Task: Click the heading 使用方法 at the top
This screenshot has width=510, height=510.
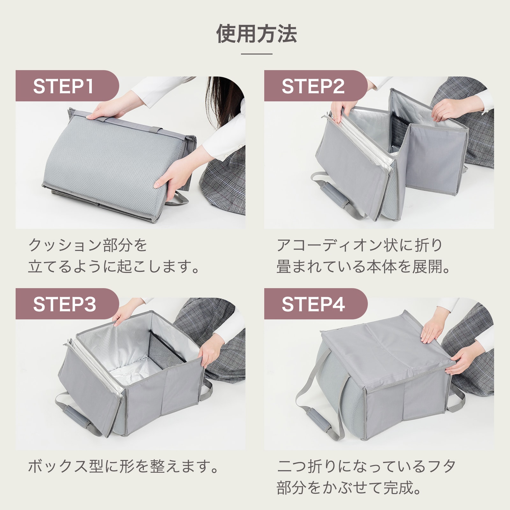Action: [x=257, y=33]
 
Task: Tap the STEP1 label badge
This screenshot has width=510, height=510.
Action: [x=67, y=86]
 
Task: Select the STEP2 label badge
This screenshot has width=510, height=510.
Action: [x=316, y=86]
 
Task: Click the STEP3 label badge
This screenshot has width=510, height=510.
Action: [x=67, y=304]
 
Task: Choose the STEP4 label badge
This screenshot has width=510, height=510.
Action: [x=316, y=304]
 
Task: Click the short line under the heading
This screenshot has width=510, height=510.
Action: [x=257, y=54]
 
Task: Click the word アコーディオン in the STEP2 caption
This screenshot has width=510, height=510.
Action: [x=330, y=245]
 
